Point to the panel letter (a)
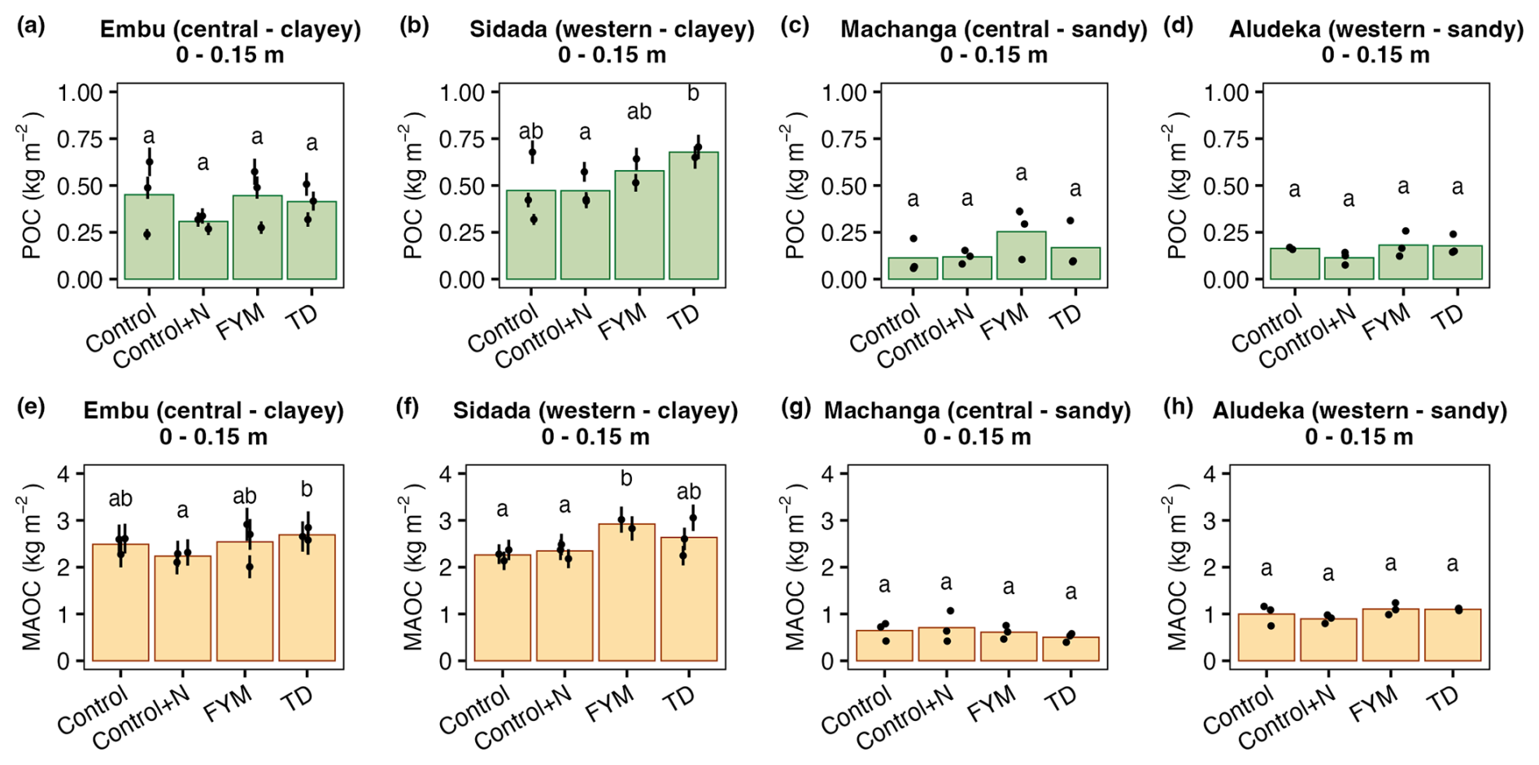(x=31, y=26)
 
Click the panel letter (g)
(x=795, y=408)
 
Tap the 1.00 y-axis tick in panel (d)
(x=1226, y=93)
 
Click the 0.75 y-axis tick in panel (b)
(x=461, y=140)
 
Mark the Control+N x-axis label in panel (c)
(x=926, y=336)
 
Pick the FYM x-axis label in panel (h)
(x=1374, y=704)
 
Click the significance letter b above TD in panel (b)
(x=693, y=94)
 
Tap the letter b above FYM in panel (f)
(x=626, y=479)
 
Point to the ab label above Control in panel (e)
(x=120, y=498)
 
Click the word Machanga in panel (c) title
(x=891, y=29)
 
